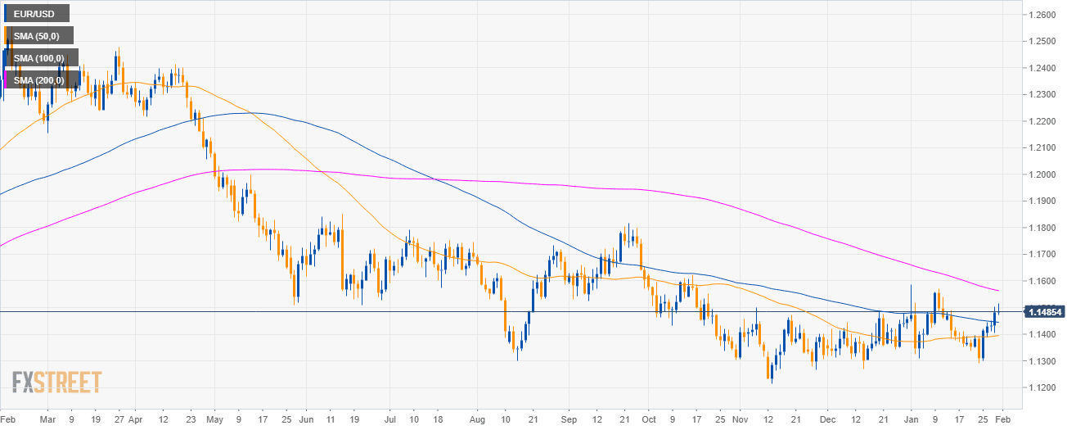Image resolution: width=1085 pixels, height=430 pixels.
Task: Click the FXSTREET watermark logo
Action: [56, 382]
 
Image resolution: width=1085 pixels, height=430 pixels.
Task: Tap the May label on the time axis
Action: [214, 418]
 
